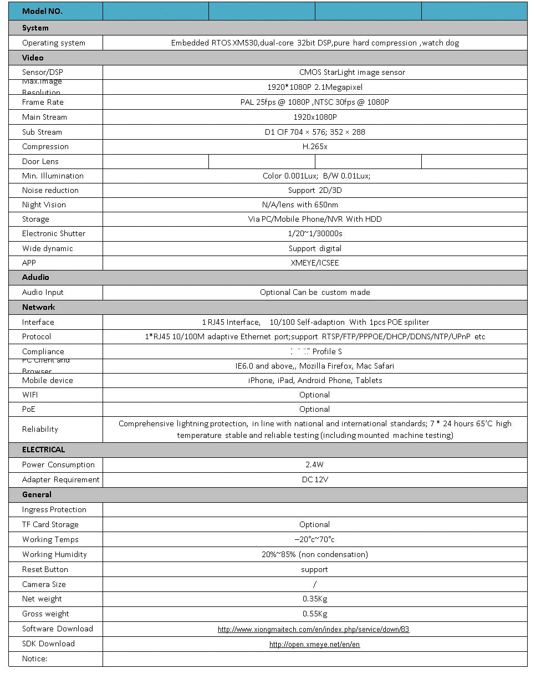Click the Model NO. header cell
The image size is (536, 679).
tap(42, 11)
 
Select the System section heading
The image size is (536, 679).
tap(35, 28)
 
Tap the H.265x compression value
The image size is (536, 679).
tap(314, 146)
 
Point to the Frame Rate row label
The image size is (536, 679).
tap(43, 102)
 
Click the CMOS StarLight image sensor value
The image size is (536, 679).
tap(352, 72)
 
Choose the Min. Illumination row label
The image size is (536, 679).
tap(53, 176)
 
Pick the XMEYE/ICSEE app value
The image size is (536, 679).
tap(314, 263)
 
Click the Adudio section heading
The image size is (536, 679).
tap(35, 277)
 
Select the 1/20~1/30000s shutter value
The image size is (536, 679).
tap(314, 233)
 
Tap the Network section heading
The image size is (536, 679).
tap(39, 307)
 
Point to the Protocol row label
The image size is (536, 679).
tap(37, 336)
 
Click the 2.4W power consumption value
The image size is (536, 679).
tap(314, 464)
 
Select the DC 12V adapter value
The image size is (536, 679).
tap(315, 479)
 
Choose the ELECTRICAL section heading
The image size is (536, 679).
tap(43, 450)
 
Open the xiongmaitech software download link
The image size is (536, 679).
tap(313, 629)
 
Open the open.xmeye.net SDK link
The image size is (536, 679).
tap(314, 644)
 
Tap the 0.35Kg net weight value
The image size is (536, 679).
tap(314, 599)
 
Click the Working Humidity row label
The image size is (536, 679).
tap(54, 554)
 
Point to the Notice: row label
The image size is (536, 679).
tap(34, 658)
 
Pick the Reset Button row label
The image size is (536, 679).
tap(45, 569)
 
